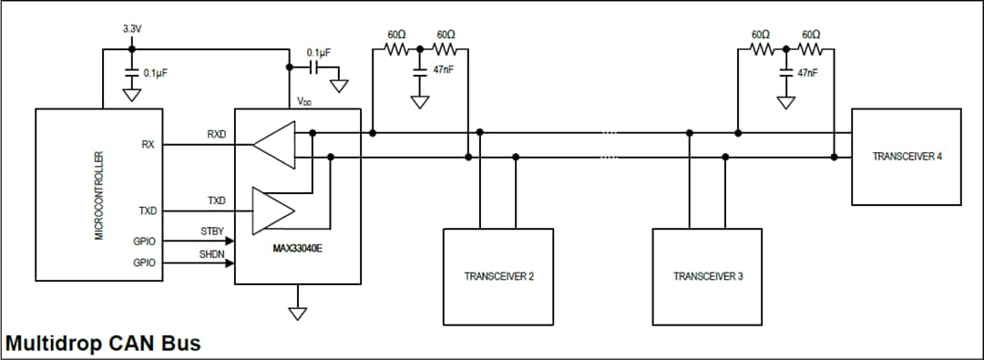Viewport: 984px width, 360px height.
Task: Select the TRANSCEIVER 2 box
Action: [498, 276]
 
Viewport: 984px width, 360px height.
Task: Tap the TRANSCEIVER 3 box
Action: [708, 276]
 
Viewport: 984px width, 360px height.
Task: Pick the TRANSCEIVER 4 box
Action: [907, 157]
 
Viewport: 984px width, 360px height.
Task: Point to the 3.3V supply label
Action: [132, 29]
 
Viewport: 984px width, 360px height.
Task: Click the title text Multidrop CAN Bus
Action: [103, 345]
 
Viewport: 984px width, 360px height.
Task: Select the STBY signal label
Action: [212, 231]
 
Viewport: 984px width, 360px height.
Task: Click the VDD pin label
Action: [304, 101]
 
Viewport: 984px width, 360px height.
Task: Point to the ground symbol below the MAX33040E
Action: [297, 313]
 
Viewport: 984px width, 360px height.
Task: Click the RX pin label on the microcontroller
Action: [148, 144]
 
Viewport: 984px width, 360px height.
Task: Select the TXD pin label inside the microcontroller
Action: [148, 211]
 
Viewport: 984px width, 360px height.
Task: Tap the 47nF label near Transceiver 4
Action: [807, 72]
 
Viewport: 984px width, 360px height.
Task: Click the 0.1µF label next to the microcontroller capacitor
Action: [156, 72]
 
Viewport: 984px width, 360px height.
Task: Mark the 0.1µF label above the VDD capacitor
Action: [319, 52]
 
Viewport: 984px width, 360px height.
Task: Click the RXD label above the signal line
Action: [216, 134]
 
